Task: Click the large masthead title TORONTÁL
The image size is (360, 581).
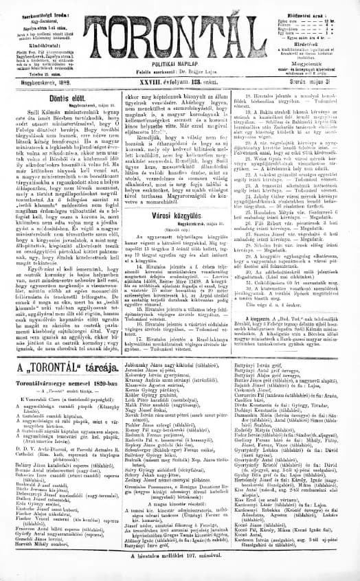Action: (181, 35)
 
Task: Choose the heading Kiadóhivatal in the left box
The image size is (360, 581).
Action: (45, 41)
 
